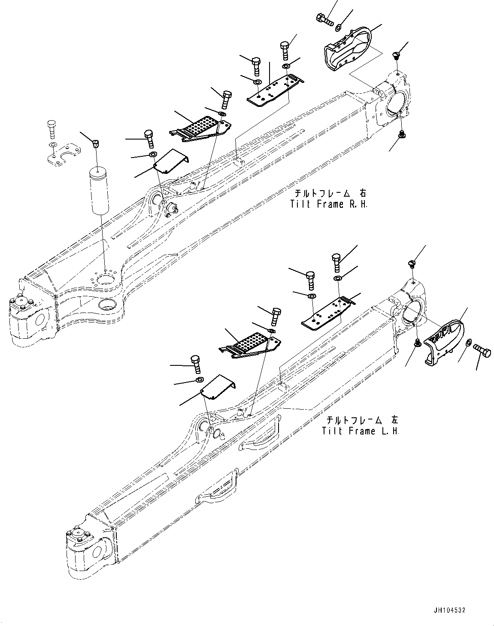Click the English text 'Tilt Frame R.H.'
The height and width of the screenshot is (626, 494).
[329, 204]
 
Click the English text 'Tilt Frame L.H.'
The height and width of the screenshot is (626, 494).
[361, 431]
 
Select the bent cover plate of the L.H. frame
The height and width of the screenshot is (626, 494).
[219, 387]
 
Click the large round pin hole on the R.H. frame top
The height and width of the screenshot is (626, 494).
[106, 280]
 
